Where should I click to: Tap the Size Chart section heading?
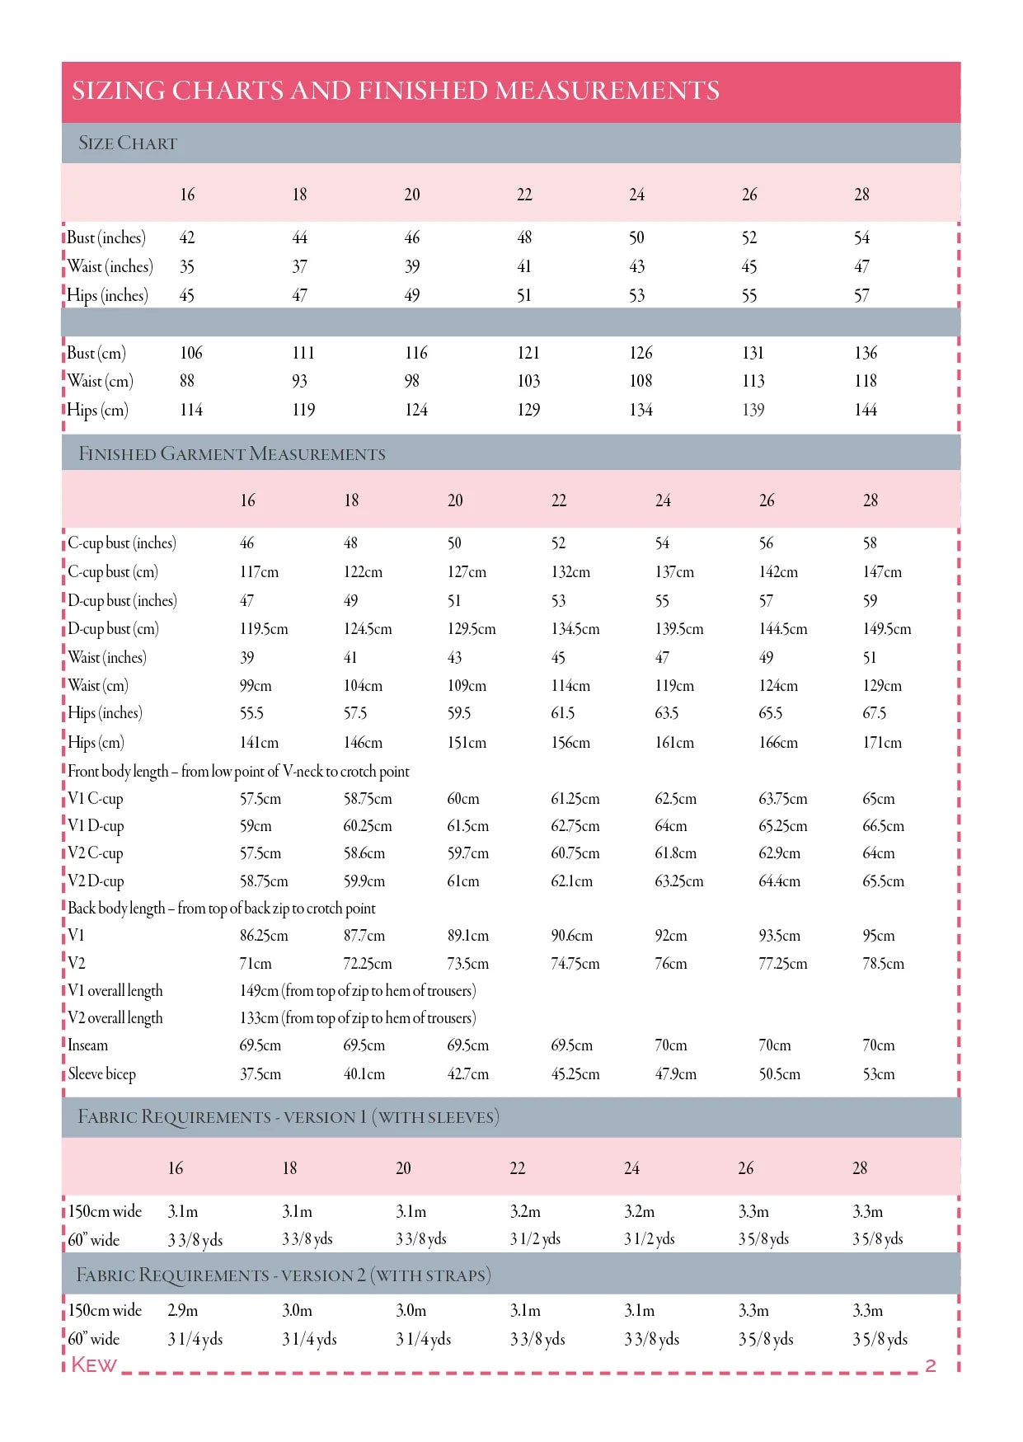pyautogui.click(x=127, y=143)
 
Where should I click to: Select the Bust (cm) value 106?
pyautogui.click(x=191, y=353)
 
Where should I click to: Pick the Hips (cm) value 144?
pyautogui.click(x=866, y=410)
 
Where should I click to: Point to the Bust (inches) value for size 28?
pyautogui.click(x=861, y=238)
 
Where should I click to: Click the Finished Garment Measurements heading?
pyautogui.click(x=232, y=453)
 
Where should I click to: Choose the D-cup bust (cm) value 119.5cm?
pyautogui.click(x=264, y=629)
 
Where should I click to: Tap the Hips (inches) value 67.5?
pyautogui.click(x=875, y=713)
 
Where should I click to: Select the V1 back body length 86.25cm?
pyautogui.click(x=264, y=936)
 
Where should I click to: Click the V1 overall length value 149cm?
pyautogui.click(x=260, y=990)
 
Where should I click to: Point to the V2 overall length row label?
pyautogui.click(x=115, y=1018)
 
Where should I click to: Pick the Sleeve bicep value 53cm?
pyautogui.click(x=879, y=1074)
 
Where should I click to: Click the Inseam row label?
pyautogui.click(x=88, y=1045)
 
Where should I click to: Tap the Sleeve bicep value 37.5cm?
pyautogui.click(x=260, y=1074)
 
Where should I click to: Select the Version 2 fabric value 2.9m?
pyautogui.click(x=183, y=1310)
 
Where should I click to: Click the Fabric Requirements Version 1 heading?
pyautogui.click(x=288, y=1117)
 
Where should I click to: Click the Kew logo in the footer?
pyautogui.click(x=94, y=1364)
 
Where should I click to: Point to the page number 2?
pyautogui.click(x=931, y=1365)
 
